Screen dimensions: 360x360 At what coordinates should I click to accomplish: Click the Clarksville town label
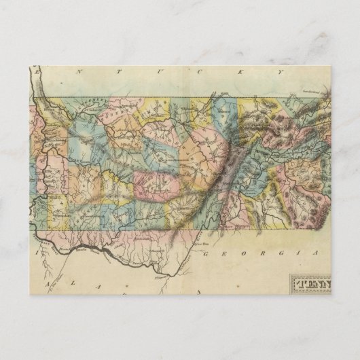click(x=92, y=107)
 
